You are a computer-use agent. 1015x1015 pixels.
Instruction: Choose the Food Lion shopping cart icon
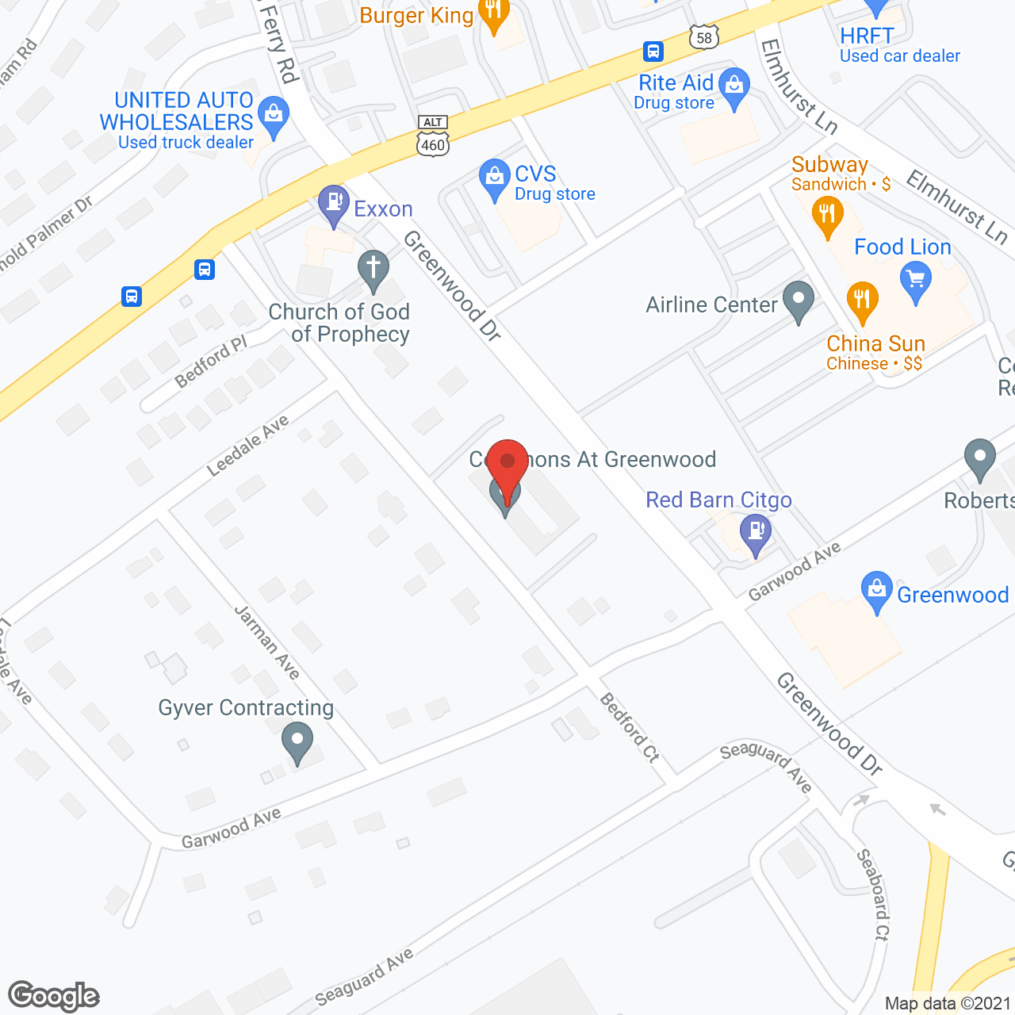click(916, 281)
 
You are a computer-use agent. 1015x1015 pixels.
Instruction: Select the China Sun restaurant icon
click(862, 301)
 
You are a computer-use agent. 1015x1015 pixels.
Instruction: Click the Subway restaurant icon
click(827, 215)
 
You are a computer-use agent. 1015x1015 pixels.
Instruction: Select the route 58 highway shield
click(703, 37)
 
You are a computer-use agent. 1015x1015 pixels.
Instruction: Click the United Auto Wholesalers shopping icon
click(274, 115)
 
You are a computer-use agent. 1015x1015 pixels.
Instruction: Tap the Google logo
click(54, 996)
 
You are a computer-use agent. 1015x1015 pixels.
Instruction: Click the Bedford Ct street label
click(630, 727)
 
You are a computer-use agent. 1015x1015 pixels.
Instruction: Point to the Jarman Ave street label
click(267, 642)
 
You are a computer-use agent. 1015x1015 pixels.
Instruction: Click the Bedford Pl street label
click(211, 361)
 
